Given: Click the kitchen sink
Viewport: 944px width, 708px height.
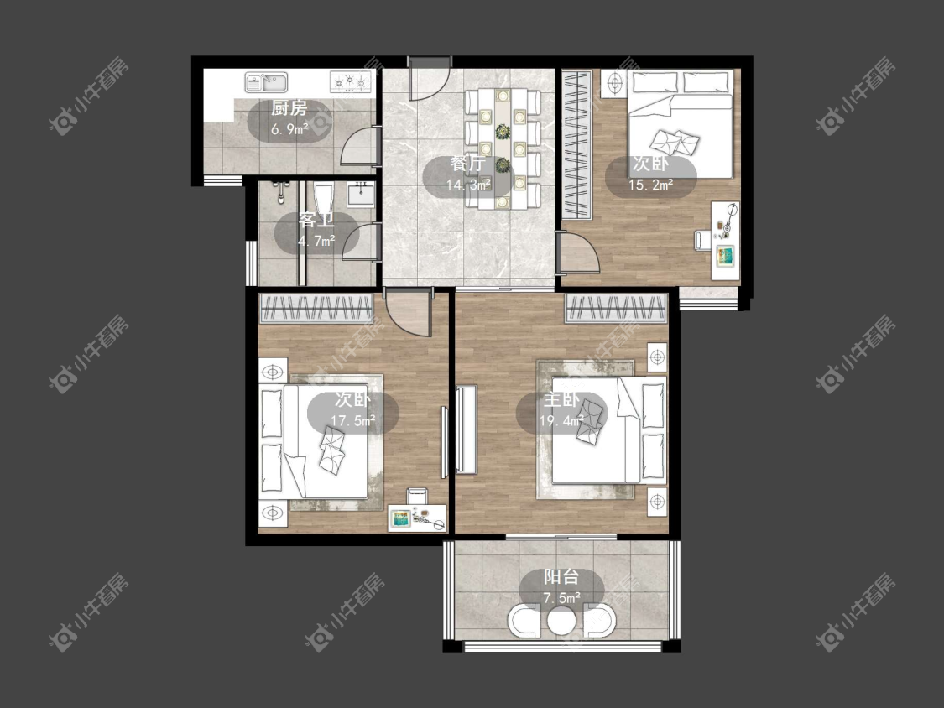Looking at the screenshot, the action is click(x=266, y=82).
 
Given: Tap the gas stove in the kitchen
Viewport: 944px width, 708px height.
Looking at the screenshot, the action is click(x=351, y=82).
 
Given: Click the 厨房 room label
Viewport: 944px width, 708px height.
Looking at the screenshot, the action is click(x=289, y=108).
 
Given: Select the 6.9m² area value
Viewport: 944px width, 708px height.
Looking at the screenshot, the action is click(x=289, y=129).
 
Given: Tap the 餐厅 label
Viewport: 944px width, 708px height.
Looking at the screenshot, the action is click(x=467, y=164).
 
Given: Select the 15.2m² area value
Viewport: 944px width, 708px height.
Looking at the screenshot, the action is click(x=651, y=185).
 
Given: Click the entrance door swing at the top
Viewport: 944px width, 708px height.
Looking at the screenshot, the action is click(x=429, y=78).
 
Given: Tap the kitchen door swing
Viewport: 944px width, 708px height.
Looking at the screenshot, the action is click(x=359, y=146).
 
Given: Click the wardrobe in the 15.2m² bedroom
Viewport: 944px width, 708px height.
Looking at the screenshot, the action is click(x=576, y=144).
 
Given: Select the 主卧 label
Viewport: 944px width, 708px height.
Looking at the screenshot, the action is click(x=561, y=400).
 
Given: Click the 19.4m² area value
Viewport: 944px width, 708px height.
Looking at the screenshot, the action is click(x=561, y=421).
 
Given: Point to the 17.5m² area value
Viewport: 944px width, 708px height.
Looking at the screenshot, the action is click(x=352, y=421).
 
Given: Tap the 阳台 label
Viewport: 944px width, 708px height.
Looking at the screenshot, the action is click(x=561, y=577).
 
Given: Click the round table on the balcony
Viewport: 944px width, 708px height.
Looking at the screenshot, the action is click(x=561, y=620).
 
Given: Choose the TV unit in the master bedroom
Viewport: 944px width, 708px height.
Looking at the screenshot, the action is click(x=467, y=429).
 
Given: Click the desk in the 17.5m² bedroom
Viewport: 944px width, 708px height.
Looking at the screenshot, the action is click(x=416, y=518).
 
